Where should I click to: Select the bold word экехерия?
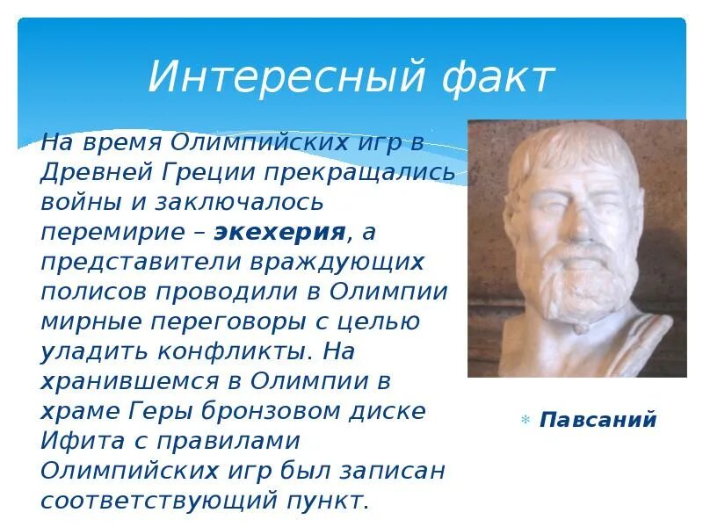[280, 232]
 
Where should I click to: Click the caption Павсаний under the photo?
[598, 419]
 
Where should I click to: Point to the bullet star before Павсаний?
[525, 420]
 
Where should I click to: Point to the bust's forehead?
[576, 149]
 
